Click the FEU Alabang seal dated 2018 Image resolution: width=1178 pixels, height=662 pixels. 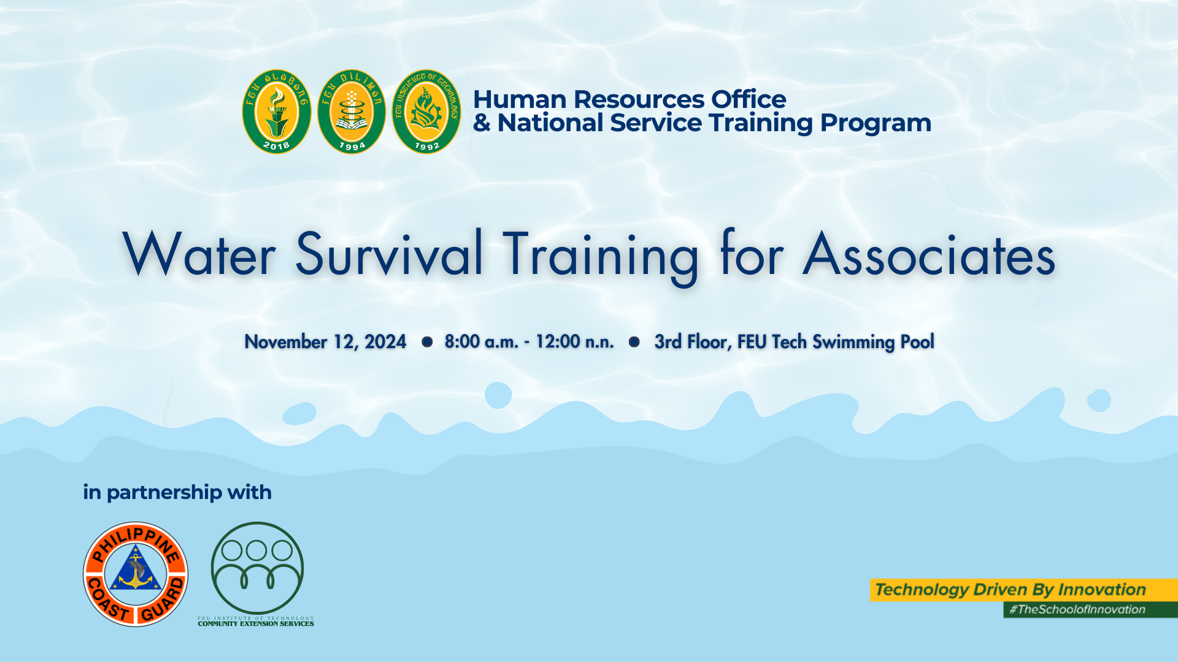click(277, 112)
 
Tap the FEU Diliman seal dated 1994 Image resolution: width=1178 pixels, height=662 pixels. click(352, 112)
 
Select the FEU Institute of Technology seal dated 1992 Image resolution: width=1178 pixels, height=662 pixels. click(426, 112)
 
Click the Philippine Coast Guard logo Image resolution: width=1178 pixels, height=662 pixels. click(136, 574)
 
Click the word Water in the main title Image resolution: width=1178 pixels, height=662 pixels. click(199, 254)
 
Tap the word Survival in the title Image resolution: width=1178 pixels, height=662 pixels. click(389, 254)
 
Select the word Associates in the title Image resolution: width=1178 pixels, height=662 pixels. click(929, 254)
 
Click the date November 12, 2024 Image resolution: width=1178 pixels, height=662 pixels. click(325, 342)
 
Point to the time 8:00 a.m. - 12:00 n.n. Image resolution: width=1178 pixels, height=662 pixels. click(529, 341)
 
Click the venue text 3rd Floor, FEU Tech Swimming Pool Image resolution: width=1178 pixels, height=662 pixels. click(795, 342)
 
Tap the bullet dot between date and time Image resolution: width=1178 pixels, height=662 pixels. click(427, 342)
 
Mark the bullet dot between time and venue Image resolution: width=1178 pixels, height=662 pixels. click(634, 342)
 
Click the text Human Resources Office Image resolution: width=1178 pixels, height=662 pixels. click(629, 99)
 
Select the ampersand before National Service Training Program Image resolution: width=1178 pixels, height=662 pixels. click(482, 123)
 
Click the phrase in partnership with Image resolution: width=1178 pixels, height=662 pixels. click(177, 492)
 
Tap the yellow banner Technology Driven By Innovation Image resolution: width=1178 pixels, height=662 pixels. click(1023, 590)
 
